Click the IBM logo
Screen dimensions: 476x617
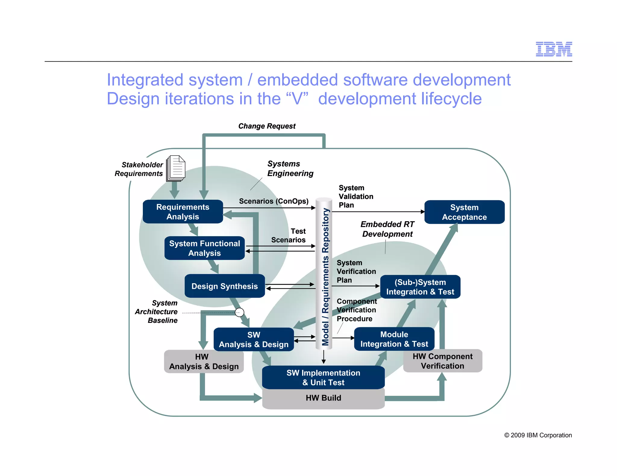(554, 49)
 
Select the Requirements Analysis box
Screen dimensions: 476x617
(183, 212)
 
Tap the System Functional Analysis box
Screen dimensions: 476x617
(204, 248)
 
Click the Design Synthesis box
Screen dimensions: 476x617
(224, 286)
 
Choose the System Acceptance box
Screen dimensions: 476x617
(464, 212)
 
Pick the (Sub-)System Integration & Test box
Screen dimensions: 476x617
(420, 287)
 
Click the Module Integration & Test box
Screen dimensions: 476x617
(394, 339)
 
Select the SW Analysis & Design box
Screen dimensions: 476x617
(253, 339)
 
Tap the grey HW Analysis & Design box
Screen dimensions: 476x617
(204, 362)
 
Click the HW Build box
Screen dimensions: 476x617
(323, 398)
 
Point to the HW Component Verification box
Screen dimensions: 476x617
(442, 361)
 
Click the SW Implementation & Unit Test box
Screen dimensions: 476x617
(323, 377)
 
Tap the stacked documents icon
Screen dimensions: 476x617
(176, 168)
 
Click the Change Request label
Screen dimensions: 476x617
(267, 126)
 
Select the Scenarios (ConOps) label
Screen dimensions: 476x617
(274, 201)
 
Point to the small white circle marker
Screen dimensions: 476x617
(239, 312)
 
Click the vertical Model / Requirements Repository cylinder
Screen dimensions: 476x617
(324, 274)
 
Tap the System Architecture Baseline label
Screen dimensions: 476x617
(156, 312)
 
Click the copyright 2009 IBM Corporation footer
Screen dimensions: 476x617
(538, 435)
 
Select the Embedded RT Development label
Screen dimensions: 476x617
(387, 229)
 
